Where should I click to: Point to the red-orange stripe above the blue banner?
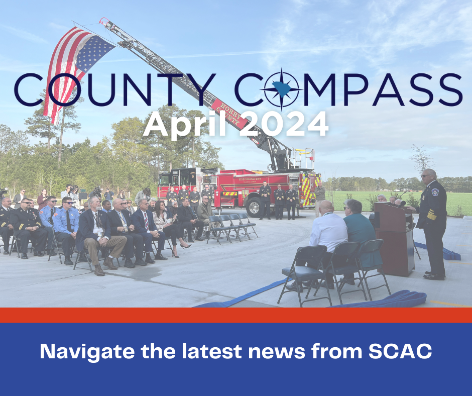(236, 315)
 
